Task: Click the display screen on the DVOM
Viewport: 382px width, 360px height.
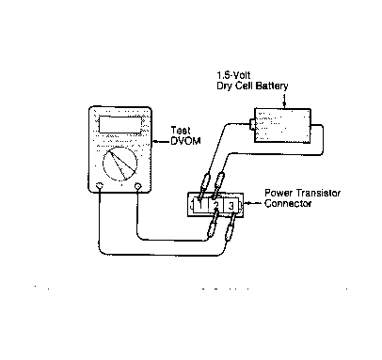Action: (x=120, y=125)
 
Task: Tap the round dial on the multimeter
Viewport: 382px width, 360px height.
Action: (x=120, y=164)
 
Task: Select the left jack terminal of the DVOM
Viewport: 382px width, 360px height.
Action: (x=100, y=186)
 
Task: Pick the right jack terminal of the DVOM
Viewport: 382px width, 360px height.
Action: (x=137, y=186)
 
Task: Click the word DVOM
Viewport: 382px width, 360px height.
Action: (x=185, y=141)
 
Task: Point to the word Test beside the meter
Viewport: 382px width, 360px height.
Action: (x=181, y=131)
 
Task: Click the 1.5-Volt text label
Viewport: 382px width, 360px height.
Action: (x=233, y=75)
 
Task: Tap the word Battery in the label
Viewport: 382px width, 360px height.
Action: (x=271, y=86)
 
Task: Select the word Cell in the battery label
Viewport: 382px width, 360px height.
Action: (x=244, y=86)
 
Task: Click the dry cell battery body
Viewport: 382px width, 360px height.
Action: (x=282, y=126)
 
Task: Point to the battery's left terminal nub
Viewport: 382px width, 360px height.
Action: (x=252, y=124)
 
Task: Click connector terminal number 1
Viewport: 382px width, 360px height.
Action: (x=200, y=205)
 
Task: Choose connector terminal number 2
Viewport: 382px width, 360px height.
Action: (x=215, y=205)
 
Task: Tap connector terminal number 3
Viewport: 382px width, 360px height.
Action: (x=231, y=206)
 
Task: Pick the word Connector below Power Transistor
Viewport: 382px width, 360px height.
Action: (x=288, y=204)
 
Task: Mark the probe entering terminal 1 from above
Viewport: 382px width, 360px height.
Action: (x=204, y=185)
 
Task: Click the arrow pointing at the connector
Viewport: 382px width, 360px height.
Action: (x=253, y=204)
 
